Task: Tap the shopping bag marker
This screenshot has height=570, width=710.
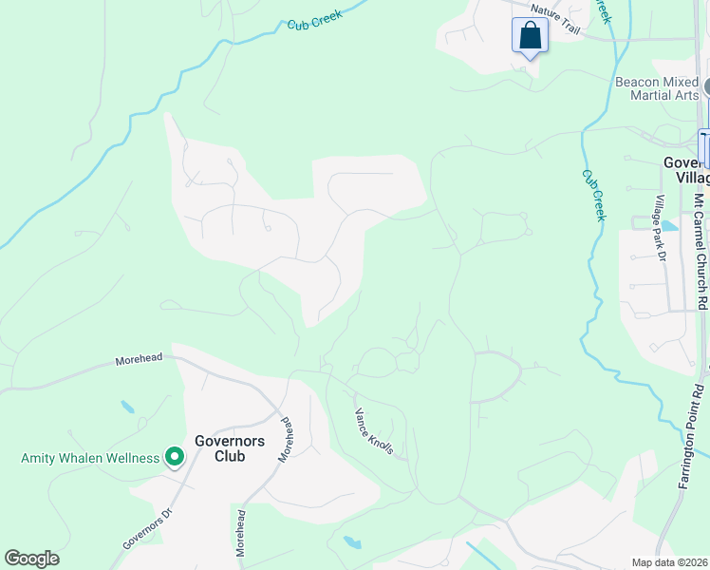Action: pyautogui.click(x=530, y=36)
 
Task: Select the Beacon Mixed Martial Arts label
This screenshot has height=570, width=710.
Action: pyautogui.click(x=657, y=88)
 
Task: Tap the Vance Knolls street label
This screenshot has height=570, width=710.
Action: pyautogui.click(x=374, y=431)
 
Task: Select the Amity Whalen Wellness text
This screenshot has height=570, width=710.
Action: pyautogui.click(x=90, y=458)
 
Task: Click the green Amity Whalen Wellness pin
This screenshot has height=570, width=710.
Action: pyautogui.click(x=175, y=458)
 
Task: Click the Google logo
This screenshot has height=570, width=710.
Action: pyautogui.click(x=31, y=559)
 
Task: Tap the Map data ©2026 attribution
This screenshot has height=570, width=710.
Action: pyautogui.click(x=669, y=562)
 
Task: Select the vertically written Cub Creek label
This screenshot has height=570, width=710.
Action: pyautogui.click(x=593, y=196)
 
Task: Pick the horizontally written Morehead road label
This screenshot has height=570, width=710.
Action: pyautogui.click(x=140, y=359)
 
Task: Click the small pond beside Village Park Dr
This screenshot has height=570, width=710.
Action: pyautogui.click(x=670, y=226)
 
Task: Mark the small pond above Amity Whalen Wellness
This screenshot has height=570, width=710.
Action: pyautogui.click(x=127, y=407)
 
